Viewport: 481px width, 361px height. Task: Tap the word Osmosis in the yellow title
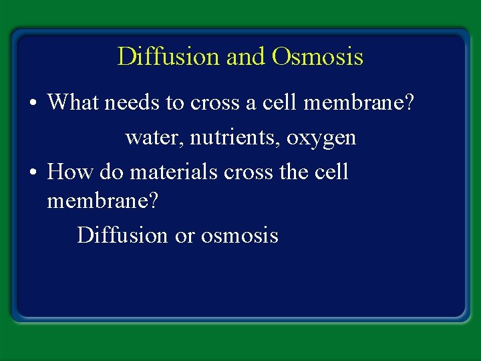point(317,57)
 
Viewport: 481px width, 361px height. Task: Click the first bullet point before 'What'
point(33,104)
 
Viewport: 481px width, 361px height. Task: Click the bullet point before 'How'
point(33,173)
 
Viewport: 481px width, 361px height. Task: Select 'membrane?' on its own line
point(103,201)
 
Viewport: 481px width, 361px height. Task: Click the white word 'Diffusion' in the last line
point(122,235)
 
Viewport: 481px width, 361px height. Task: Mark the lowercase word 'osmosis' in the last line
point(239,235)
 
